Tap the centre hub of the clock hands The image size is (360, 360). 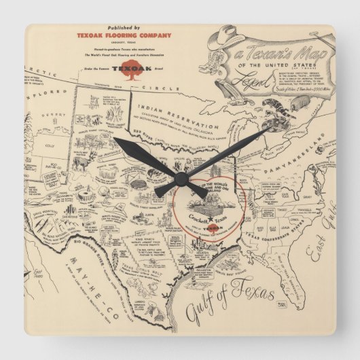click(x=179, y=179)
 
